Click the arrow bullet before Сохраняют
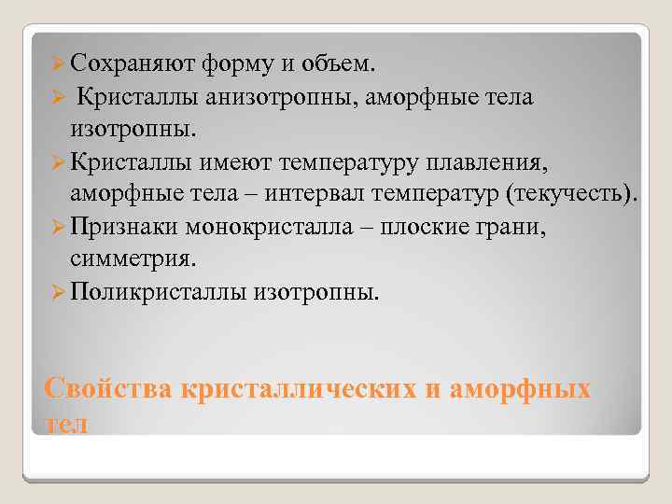pyautogui.click(x=57, y=65)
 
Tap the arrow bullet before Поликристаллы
pyautogui.click(x=57, y=293)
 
